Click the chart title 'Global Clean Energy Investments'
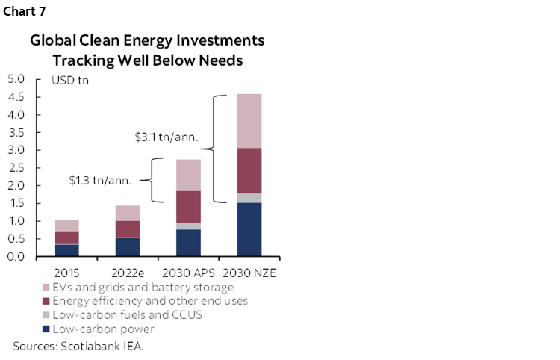pyautogui.click(x=147, y=41)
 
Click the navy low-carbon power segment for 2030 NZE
pyautogui.click(x=249, y=229)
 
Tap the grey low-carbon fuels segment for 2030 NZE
pyautogui.click(x=249, y=198)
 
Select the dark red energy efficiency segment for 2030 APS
pyautogui.click(x=187, y=207)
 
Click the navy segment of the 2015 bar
pyautogui.click(x=66, y=250)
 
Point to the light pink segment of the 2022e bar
pyautogui.click(x=127, y=213)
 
